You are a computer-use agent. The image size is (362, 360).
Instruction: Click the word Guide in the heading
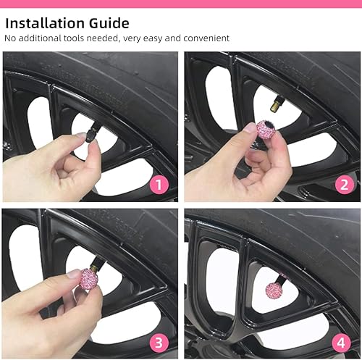coord(111,23)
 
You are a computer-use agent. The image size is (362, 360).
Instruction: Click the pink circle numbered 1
coord(159,184)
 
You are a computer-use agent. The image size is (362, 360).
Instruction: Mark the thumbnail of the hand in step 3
coord(73,274)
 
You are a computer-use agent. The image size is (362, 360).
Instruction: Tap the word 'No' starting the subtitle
coord(10,38)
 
